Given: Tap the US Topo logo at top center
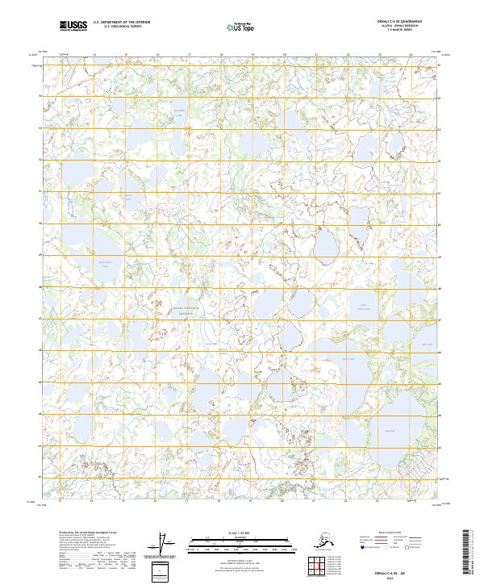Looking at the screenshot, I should pos(242,27).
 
